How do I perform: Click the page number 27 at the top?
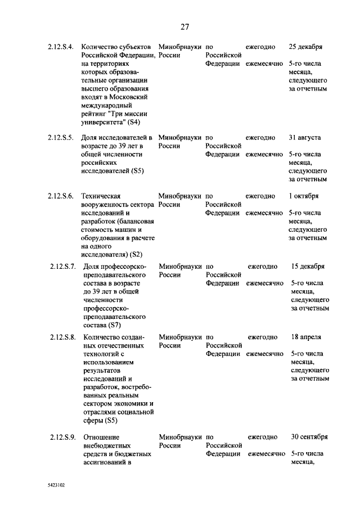[x=184, y=26]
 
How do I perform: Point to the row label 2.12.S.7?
[x=62, y=266]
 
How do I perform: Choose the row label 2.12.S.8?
[x=62, y=337]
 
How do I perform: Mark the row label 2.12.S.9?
[x=62, y=436]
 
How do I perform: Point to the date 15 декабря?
[x=308, y=266]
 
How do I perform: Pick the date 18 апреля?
[x=307, y=337]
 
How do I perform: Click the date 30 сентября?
[x=309, y=436]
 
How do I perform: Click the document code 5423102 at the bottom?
[x=56, y=483]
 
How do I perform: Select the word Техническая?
[x=101, y=196]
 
